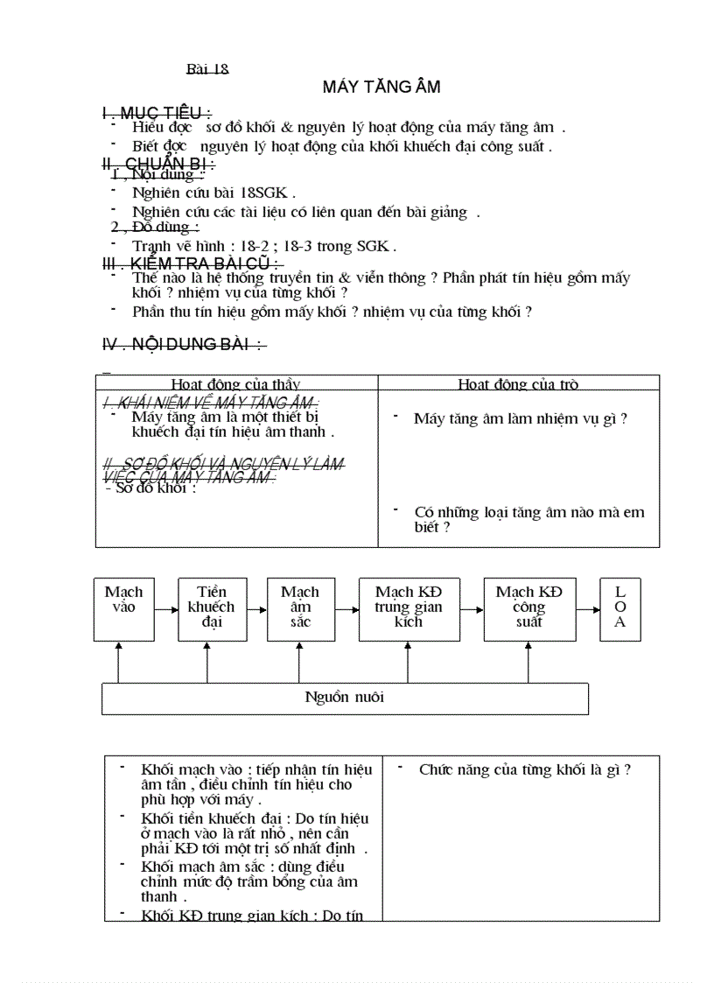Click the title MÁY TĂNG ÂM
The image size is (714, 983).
click(381, 87)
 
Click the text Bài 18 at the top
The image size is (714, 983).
click(207, 69)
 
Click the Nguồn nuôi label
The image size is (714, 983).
click(344, 698)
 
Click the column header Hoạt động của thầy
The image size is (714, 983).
click(235, 383)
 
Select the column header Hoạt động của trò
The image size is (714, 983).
click(518, 383)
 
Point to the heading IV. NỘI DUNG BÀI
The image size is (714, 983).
click(184, 345)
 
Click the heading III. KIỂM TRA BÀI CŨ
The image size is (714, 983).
click(192, 263)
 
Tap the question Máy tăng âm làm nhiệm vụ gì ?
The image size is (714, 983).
click(521, 418)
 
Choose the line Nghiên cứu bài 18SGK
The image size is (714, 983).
click(213, 193)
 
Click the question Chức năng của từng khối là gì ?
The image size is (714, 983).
click(525, 769)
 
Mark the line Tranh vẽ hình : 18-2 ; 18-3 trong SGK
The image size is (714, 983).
click(264, 246)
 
